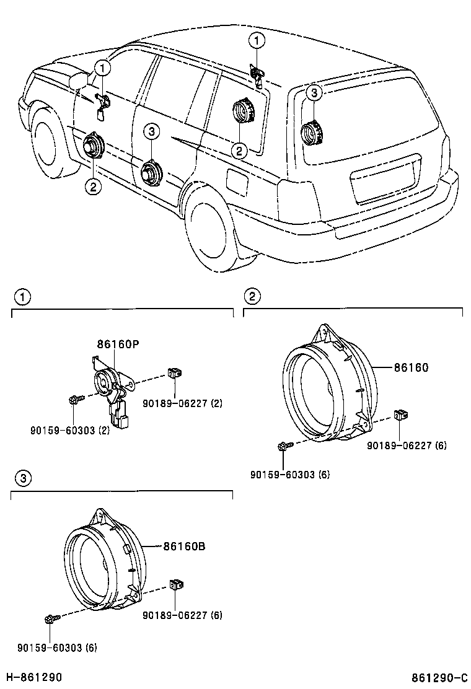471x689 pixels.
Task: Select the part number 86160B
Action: click(x=184, y=546)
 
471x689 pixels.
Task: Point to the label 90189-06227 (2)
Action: click(x=182, y=403)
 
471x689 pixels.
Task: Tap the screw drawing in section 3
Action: click(x=51, y=618)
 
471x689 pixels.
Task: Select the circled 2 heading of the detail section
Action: click(x=252, y=297)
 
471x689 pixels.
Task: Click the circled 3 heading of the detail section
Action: click(x=22, y=478)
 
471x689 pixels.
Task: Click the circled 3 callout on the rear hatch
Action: click(x=314, y=93)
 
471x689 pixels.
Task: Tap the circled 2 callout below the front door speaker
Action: click(x=93, y=185)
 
